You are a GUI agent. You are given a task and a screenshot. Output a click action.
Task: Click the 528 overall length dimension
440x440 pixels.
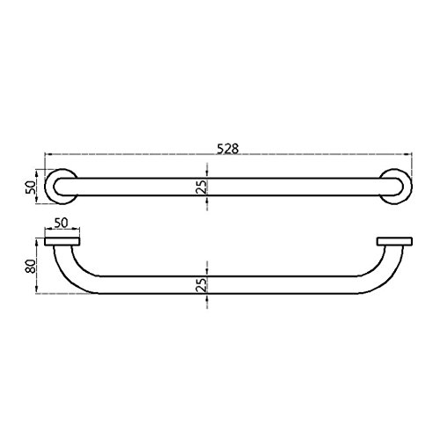point(228,149)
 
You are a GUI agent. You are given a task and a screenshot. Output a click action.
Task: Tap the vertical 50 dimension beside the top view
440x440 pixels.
point(31,187)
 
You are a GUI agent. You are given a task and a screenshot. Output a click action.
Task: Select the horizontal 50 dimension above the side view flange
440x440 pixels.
point(61,223)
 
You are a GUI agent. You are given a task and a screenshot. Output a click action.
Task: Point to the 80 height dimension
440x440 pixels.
point(31,267)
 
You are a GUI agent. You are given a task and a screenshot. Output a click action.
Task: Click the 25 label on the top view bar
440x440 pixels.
point(202,187)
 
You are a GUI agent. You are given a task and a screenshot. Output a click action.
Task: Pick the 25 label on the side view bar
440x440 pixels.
point(202,284)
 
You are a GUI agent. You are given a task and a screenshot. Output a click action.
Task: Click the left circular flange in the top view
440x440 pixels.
point(61,187)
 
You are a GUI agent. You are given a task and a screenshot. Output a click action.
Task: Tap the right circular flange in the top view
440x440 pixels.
point(396,187)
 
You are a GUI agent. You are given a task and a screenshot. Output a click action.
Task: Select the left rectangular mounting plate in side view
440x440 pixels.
point(62,241)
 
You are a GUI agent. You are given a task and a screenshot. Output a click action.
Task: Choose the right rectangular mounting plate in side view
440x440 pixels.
point(394,241)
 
